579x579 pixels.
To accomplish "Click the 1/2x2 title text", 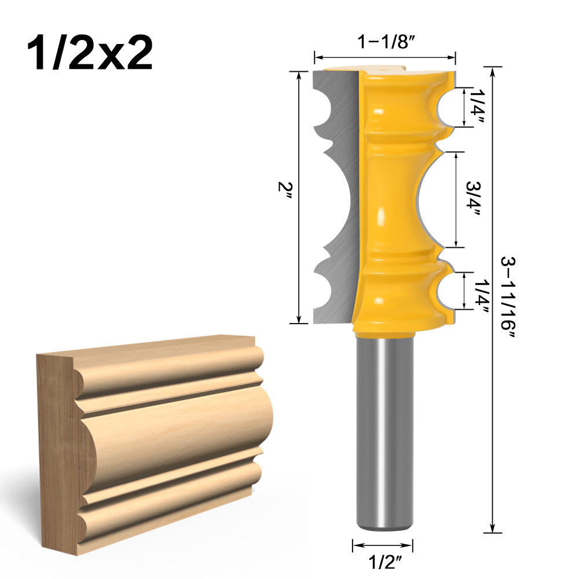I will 90,54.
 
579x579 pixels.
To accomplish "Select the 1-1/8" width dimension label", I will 385,43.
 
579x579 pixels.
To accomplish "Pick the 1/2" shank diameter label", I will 383,561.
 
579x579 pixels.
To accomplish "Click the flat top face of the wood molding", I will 151,346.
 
